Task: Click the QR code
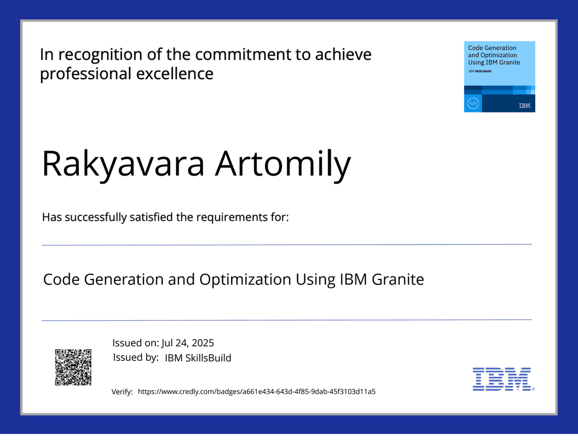pos(73,367)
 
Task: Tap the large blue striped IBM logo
pos(501,378)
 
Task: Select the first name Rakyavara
pos(123,164)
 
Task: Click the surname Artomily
pos(283,164)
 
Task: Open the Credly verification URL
pos(256,392)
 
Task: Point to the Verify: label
pos(122,392)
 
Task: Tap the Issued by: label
pos(135,358)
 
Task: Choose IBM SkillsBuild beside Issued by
pos(198,358)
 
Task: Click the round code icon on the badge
pos(473,103)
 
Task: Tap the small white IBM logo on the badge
pos(524,106)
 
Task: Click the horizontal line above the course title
pos(287,245)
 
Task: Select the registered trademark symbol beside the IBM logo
pos(533,390)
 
